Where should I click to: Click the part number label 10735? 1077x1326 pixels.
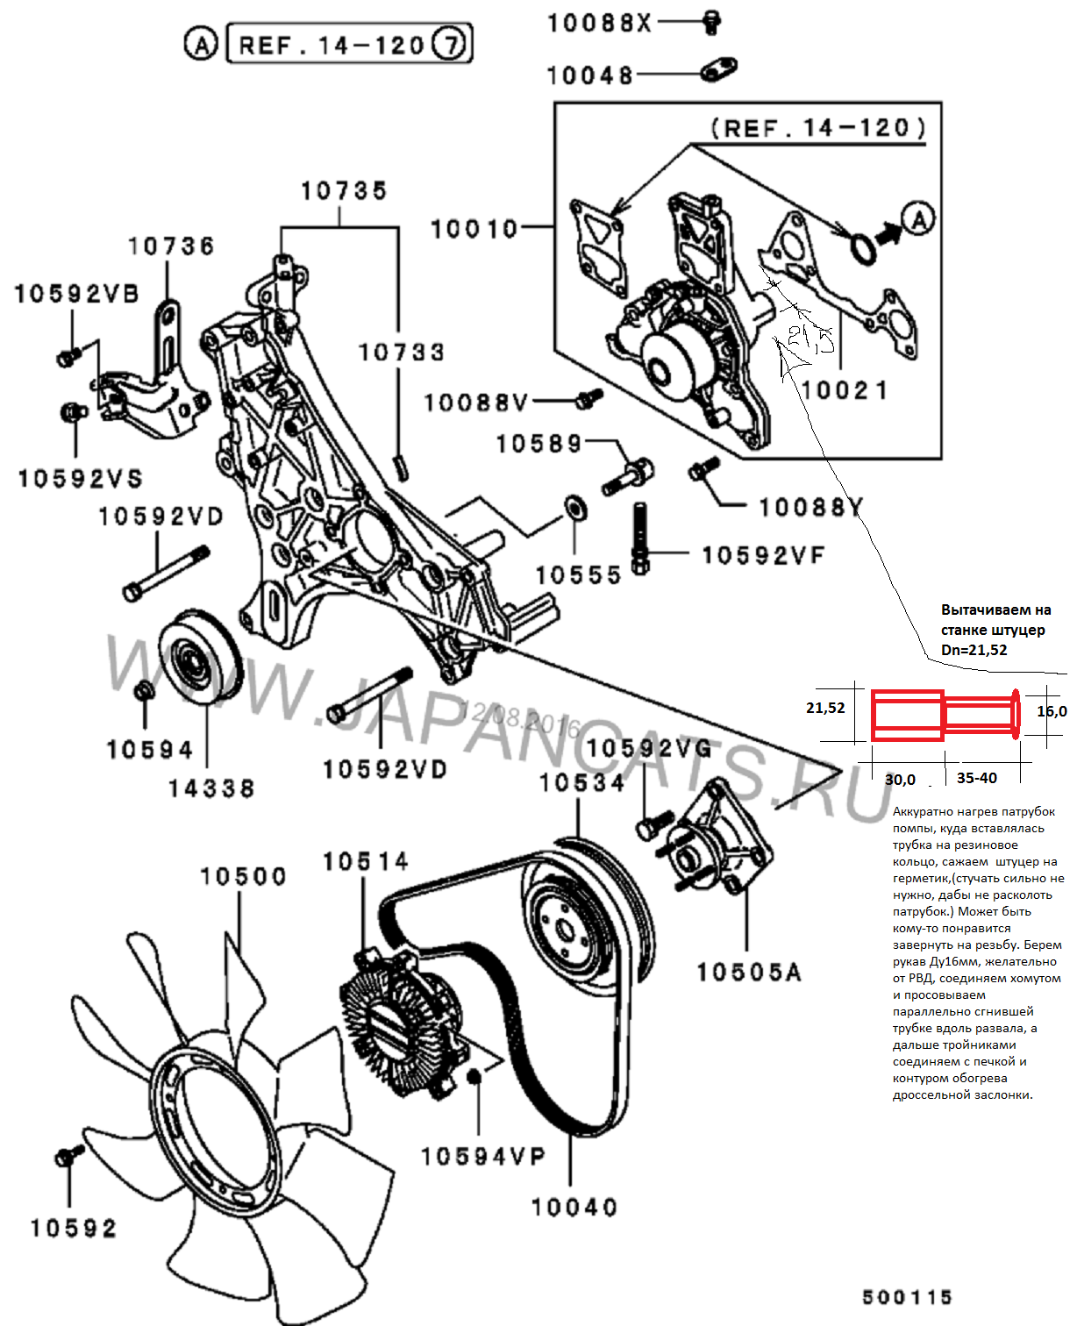tap(344, 190)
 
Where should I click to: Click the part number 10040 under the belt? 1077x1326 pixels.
tap(574, 1208)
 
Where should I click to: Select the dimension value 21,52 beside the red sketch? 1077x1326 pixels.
tap(825, 708)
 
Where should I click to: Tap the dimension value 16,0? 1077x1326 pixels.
tap(1052, 711)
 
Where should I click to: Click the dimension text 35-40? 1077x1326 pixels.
tap(976, 778)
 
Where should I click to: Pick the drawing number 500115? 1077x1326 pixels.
tap(907, 1297)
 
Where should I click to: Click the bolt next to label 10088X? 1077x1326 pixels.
tap(712, 21)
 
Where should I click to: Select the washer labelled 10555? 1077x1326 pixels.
tap(575, 507)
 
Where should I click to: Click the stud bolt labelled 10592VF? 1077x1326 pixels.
tap(640, 538)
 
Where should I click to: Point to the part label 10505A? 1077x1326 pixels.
tap(749, 973)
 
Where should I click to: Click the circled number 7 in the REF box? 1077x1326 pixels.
tap(450, 44)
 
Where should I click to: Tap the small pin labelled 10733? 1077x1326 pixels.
tap(402, 466)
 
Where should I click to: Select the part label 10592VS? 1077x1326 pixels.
tap(80, 479)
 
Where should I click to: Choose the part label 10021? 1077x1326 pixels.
tap(845, 390)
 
